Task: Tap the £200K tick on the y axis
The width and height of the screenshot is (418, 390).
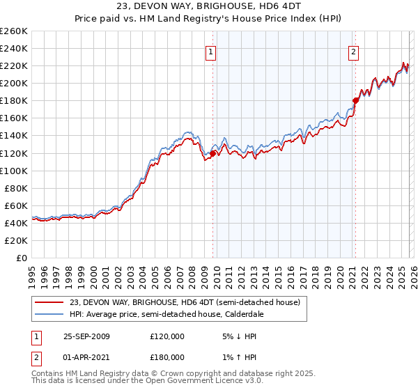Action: pyautogui.click(x=14, y=83)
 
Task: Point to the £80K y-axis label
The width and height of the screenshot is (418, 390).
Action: pyautogui.click(x=16, y=188)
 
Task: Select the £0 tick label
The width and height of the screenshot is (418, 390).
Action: pyautogui.click(x=22, y=258)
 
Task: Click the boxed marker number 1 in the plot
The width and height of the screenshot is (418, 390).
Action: pyautogui.click(x=210, y=51)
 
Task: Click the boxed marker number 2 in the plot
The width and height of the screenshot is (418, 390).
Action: pyautogui.click(x=354, y=51)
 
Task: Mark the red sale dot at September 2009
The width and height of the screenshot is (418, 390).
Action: pyautogui.click(x=212, y=153)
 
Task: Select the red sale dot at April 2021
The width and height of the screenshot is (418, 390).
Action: pyautogui.click(x=355, y=100)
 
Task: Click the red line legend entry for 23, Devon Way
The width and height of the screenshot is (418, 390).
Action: pyautogui.click(x=185, y=302)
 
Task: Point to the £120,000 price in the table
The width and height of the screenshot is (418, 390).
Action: pyautogui.click(x=167, y=336)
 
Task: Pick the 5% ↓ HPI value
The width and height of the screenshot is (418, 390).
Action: pyautogui.click(x=239, y=336)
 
